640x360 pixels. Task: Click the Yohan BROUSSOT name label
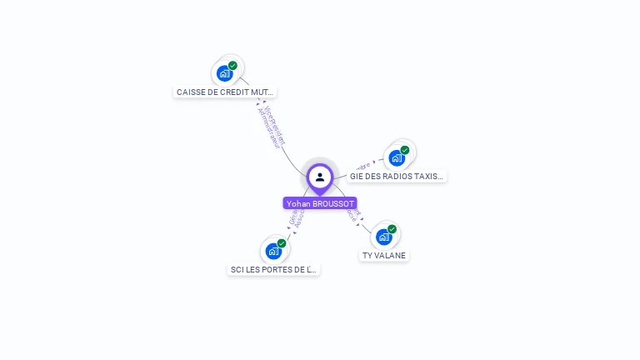[320, 203]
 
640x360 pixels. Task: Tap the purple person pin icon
[320, 177]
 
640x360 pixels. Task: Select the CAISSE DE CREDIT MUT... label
[225, 92]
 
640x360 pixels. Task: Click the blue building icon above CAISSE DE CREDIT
[224, 74]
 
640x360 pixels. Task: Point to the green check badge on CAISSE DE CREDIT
[232, 65]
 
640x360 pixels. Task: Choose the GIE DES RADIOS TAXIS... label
[397, 177]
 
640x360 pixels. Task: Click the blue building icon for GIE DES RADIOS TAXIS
[396, 158]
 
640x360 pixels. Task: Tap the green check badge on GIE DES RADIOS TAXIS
[405, 150]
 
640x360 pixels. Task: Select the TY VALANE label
[384, 256]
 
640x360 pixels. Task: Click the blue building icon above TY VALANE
[383, 237]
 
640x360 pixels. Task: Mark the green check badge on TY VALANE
[392, 228]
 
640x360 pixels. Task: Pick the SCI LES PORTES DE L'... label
[274, 270]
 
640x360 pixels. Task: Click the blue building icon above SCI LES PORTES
[272, 251]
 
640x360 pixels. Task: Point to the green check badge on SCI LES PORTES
[282, 242]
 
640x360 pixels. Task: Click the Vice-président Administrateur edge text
[271, 127]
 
